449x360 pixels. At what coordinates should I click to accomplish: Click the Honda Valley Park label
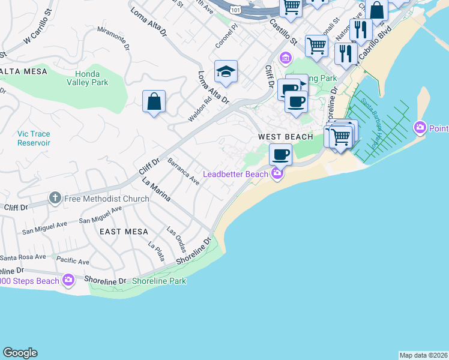[x=88, y=78]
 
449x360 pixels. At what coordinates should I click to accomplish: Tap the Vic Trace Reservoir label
[x=34, y=139]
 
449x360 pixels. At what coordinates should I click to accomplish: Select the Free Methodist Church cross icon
[x=55, y=199]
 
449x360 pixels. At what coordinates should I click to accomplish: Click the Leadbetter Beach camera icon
[x=277, y=174]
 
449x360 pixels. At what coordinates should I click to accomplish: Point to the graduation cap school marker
[x=226, y=72]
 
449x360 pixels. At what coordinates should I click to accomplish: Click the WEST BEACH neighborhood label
[x=285, y=137]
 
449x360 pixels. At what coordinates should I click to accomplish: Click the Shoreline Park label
[x=159, y=281]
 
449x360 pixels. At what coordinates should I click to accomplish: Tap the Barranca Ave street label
[x=183, y=171]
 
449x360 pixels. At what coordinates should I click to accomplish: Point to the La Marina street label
[x=156, y=188]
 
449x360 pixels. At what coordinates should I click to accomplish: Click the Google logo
[x=20, y=353]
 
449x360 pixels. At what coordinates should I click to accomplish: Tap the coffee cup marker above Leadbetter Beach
[x=280, y=155]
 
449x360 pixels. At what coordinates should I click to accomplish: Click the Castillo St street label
[x=283, y=32]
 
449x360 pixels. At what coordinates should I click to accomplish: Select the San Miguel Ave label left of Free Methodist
[x=44, y=227]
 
